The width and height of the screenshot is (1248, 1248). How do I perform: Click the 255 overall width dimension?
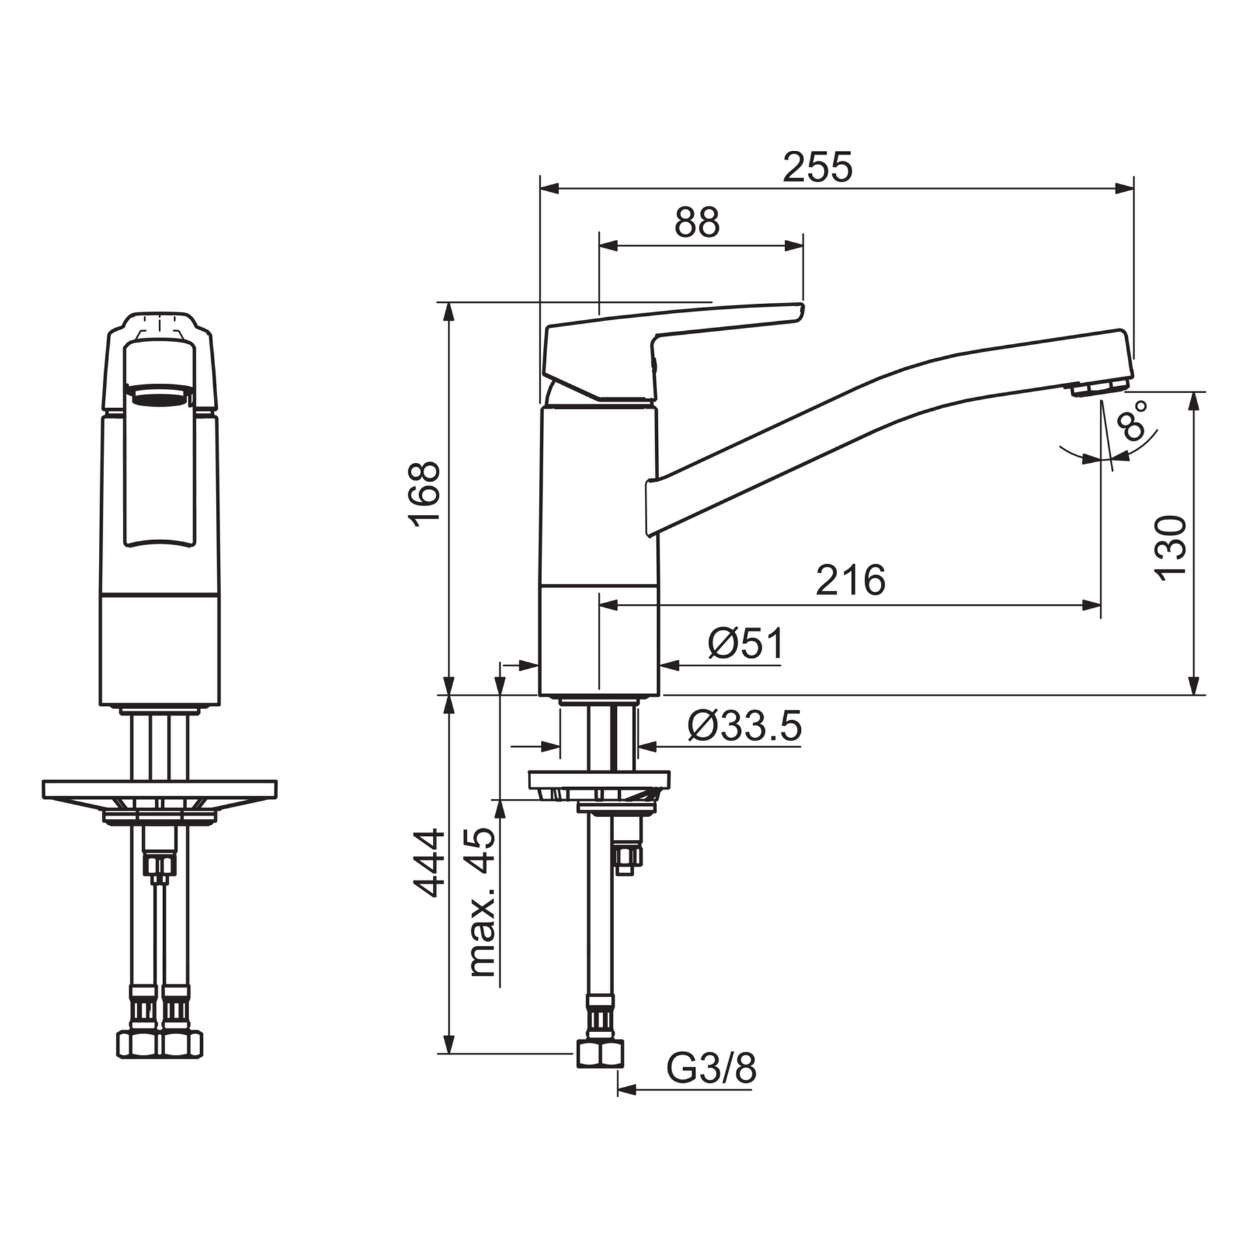(x=817, y=168)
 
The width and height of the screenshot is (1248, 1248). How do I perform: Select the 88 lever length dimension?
(x=697, y=223)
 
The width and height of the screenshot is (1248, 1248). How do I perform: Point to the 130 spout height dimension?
(x=1171, y=548)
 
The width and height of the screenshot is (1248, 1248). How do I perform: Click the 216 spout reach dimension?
(x=850, y=580)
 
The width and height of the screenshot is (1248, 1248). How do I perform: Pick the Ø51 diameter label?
(x=746, y=644)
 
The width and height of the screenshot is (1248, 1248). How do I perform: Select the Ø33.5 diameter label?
(x=745, y=726)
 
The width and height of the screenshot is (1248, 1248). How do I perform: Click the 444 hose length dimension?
(x=429, y=863)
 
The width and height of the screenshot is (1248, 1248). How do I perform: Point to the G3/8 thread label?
(x=711, y=1069)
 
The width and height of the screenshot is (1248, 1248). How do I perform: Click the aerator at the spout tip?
(x=1098, y=388)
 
